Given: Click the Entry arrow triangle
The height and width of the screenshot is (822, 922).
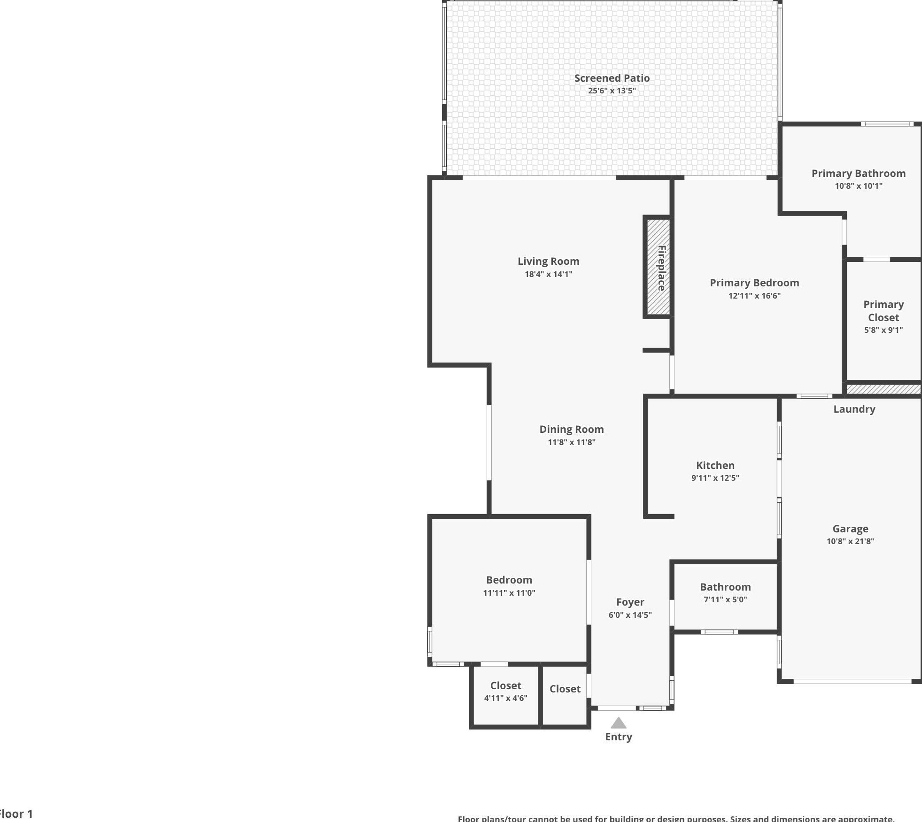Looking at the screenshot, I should (x=618, y=723).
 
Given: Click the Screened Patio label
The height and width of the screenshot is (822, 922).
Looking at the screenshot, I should (x=612, y=78).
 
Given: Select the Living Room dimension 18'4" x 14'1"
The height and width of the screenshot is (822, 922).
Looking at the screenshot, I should (x=548, y=274).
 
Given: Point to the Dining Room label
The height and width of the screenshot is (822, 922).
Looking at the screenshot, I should (x=571, y=429).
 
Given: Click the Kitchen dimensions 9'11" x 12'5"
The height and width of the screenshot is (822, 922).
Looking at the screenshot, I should (x=715, y=478).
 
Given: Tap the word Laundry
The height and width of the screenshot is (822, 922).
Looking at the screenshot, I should (x=854, y=409).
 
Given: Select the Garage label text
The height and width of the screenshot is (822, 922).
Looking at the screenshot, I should (x=850, y=529).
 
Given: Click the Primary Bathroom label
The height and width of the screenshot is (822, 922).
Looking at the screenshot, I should (x=858, y=173).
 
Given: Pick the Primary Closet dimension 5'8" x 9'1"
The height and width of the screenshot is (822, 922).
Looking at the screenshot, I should (x=883, y=330).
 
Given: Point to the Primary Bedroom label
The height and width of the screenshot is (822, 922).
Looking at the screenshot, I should (x=754, y=283).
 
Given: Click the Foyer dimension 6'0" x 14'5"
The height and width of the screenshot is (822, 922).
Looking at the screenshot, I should (x=630, y=615).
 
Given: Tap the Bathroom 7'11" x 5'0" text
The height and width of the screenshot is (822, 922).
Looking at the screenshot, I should (x=725, y=599).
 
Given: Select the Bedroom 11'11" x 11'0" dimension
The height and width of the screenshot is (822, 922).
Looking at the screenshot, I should (x=509, y=593).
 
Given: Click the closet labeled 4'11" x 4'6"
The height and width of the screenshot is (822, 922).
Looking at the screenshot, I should (x=505, y=691).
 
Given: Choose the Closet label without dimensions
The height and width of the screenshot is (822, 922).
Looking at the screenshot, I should (x=565, y=689).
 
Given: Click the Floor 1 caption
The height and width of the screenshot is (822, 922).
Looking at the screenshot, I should (x=17, y=814).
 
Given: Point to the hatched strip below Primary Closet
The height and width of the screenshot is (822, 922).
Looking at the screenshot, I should (x=883, y=389).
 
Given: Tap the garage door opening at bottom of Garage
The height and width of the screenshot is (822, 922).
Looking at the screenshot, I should (x=852, y=681).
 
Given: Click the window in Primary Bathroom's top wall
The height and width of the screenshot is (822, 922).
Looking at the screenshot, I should (x=887, y=124).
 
